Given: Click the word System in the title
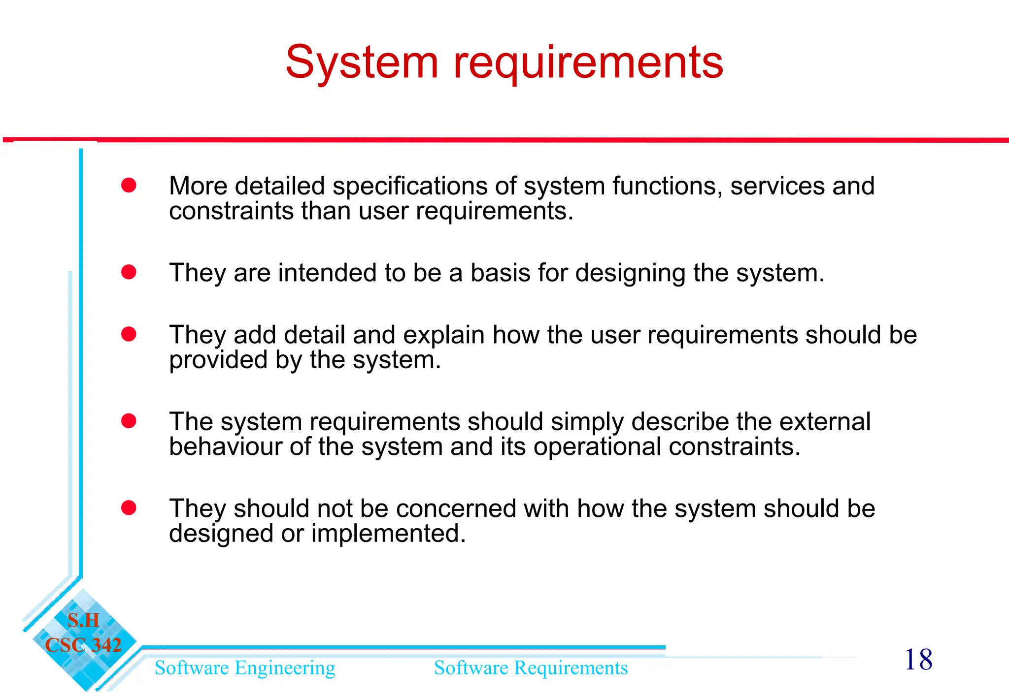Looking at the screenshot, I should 362,63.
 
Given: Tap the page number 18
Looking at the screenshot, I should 918,660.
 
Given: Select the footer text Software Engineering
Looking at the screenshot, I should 245,668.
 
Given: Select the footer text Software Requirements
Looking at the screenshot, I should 531,668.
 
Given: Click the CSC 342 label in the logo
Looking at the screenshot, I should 83,645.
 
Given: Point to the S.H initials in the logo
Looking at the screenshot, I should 83,620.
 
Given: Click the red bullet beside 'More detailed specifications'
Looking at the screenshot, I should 129,186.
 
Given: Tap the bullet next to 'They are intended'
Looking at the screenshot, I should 129,272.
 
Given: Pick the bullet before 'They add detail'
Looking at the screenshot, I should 129,334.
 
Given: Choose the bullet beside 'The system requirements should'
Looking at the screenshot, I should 129,421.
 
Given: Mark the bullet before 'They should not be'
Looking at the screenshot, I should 129,508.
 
